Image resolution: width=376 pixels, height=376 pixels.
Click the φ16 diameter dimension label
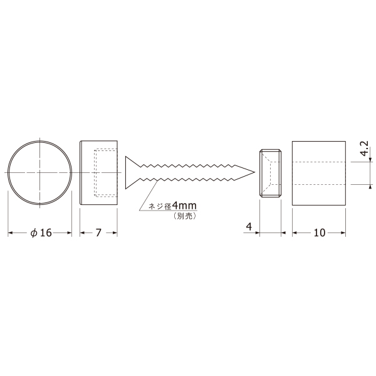coord(41,233)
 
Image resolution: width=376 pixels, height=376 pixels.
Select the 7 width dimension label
coord(98,233)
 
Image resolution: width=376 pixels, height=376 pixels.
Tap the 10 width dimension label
coord(319,233)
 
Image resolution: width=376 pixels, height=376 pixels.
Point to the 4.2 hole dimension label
coord(364,149)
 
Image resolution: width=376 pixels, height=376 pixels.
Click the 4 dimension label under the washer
coord(249,226)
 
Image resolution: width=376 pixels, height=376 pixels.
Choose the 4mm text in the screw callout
coord(184,206)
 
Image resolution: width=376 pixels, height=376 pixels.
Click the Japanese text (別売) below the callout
coord(184,216)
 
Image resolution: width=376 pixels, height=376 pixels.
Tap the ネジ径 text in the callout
coord(160,206)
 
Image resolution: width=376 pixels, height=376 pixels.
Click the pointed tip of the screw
coord(254,172)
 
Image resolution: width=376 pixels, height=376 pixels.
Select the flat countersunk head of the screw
coord(132,172)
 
